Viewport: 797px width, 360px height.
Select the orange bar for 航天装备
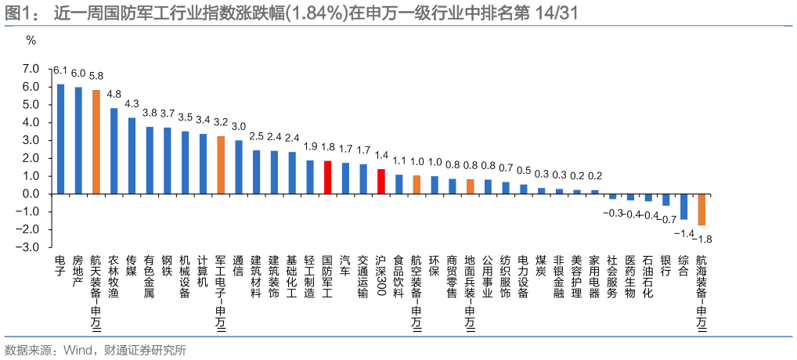coord(96,142)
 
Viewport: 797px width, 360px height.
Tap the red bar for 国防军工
coord(328,177)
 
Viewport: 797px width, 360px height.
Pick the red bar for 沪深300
coord(381,181)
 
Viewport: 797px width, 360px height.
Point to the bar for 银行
coord(665,200)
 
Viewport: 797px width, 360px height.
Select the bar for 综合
coord(683,206)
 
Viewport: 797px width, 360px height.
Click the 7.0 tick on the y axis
coord(31,69)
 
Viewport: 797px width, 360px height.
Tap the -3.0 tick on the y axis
coord(29,247)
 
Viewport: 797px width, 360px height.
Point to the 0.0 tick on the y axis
coord(31,193)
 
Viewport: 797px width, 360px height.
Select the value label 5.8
coord(96,77)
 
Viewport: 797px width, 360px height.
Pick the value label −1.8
coord(704,238)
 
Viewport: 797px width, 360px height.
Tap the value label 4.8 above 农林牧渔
coord(114,95)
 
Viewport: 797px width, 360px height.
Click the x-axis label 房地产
coord(78,270)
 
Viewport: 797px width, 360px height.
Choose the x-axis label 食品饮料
coord(398,275)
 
